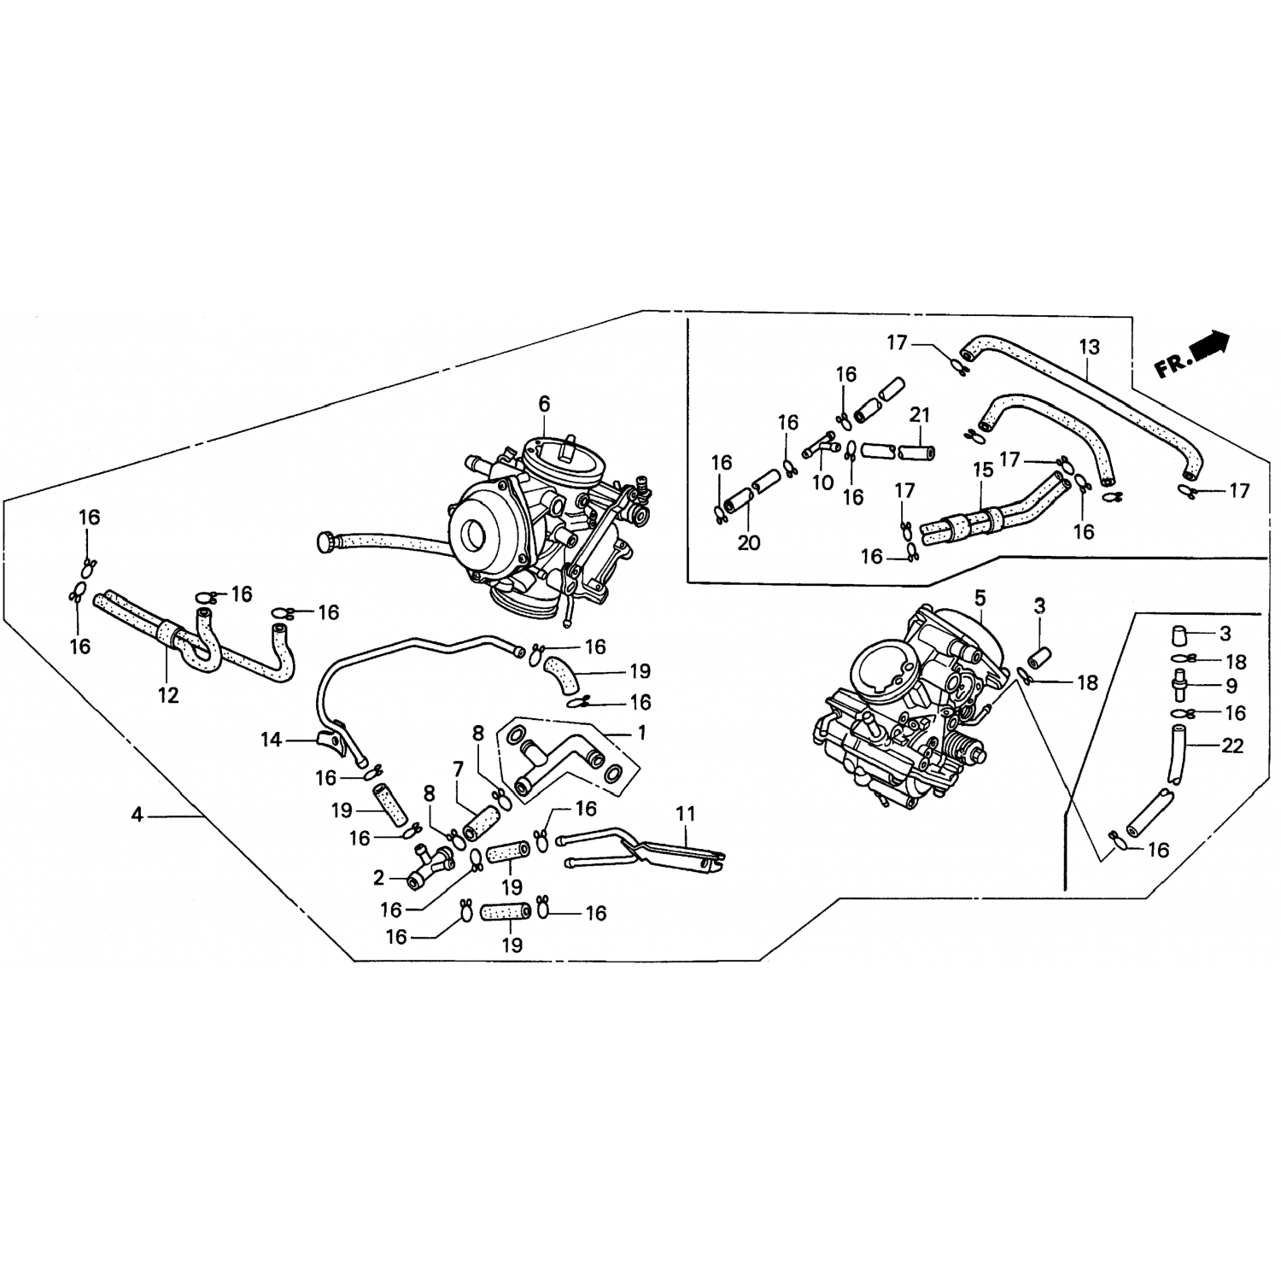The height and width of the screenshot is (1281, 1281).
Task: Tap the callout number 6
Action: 544,403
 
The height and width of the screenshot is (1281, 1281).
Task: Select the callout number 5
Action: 980,595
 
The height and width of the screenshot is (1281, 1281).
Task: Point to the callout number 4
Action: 137,816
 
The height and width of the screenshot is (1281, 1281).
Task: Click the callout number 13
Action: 1089,348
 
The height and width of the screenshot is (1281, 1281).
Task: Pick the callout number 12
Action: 168,695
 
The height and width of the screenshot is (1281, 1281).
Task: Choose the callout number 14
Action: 271,740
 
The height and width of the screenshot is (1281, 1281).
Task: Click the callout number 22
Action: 1232,746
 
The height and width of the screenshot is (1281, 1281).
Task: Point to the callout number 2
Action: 379,877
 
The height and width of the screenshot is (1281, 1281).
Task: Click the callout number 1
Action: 642,733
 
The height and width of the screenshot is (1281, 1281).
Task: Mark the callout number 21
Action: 919,415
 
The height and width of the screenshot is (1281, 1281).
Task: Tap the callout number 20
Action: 749,543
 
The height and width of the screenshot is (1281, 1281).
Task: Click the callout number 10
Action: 822,483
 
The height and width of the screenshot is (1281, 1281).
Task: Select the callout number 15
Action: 983,471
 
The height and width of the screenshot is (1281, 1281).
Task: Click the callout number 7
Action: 459,770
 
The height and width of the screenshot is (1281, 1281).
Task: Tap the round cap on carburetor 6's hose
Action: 326,541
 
